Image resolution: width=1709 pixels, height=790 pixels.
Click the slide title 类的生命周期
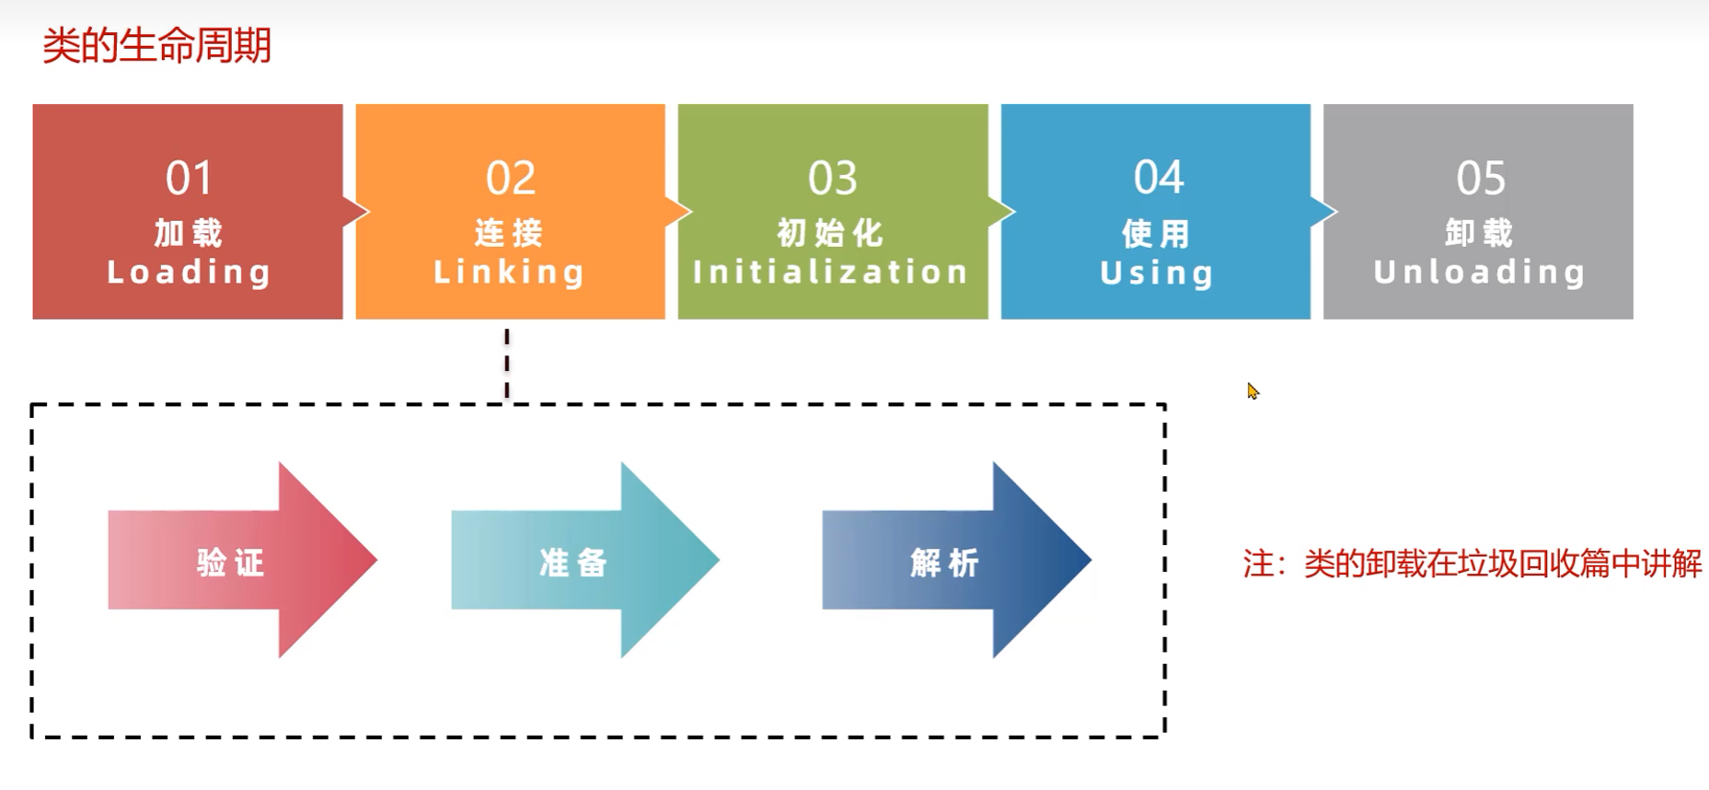click(x=156, y=46)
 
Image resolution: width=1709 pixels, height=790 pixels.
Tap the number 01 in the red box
click(x=189, y=178)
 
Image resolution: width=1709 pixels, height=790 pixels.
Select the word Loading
click(x=189, y=273)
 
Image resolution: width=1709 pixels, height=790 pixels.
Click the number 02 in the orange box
click(x=511, y=178)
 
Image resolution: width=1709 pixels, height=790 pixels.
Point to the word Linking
click(x=509, y=273)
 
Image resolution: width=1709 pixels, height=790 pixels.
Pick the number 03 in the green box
click(x=833, y=178)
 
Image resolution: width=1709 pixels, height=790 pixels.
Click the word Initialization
click(x=831, y=273)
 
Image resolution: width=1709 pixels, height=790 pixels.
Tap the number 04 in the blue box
click(x=1158, y=178)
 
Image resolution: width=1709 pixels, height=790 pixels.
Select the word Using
click(x=1157, y=273)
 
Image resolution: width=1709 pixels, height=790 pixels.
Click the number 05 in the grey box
click(x=1481, y=178)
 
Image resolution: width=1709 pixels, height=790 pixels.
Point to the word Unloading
click(x=1479, y=273)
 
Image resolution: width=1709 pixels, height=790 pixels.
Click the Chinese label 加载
click(x=189, y=233)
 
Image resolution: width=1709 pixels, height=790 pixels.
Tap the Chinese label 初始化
click(x=831, y=233)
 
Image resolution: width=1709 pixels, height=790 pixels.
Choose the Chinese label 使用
click(x=1157, y=234)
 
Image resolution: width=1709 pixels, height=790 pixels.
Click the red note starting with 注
click(x=1472, y=563)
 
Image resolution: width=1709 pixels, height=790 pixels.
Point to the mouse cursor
click(x=1253, y=391)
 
